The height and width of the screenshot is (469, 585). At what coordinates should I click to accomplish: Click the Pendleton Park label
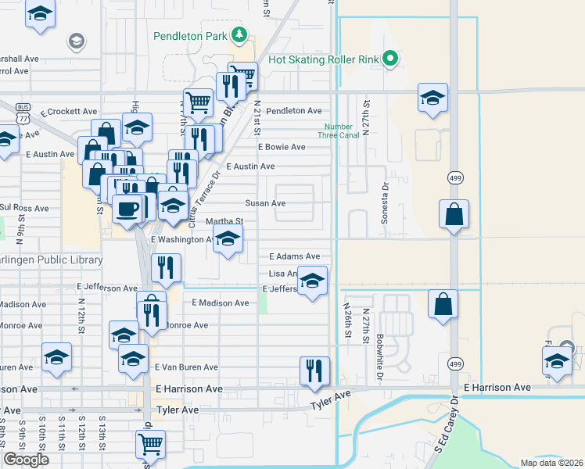click(x=189, y=36)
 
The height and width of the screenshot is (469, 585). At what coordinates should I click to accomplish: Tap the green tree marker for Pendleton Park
click(x=239, y=35)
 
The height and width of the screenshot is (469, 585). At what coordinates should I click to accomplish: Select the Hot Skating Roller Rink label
click(x=323, y=59)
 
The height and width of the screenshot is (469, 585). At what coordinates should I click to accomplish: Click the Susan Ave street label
click(x=265, y=203)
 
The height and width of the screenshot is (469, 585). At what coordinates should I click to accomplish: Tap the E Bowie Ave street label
click(x=282, y=147)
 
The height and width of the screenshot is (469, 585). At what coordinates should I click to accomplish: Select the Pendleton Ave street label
click(x=293, y=111)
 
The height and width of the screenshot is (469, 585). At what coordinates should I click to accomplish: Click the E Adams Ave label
click(x=294, y=256)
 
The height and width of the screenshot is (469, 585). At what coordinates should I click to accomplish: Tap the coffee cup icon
click(x=127, y=209)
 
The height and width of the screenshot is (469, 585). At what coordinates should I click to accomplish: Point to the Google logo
click(x=27, y=460)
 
